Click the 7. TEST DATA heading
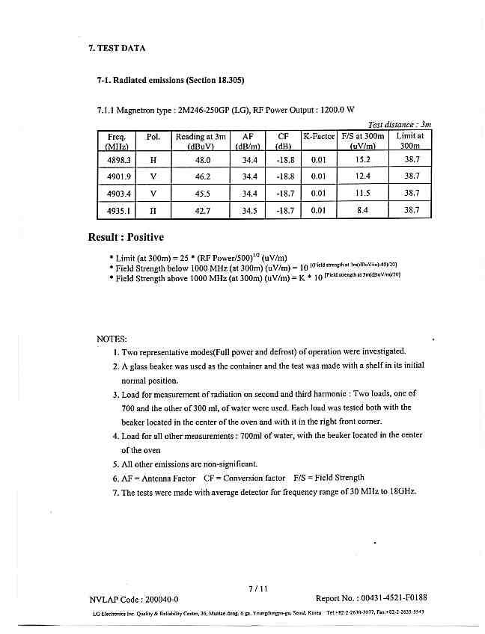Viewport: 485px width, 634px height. (x=117, y=48)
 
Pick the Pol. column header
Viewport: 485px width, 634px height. (x=153, y=137)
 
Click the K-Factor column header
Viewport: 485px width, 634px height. (x=319, y=137)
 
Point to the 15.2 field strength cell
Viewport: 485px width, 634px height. (x=363, y=159)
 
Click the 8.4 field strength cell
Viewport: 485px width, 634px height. (x=363, y=211)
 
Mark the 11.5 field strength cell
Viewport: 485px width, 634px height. (x=363, y=194)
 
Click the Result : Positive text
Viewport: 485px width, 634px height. (x=126, y=237)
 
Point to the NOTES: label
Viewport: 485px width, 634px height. (x=112, y=339)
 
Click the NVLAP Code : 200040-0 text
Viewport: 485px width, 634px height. (x=134, y=599)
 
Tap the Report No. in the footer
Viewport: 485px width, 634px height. (x=371, y=598)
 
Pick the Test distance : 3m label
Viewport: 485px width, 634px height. (x=400, y=124)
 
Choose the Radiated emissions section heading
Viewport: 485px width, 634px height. (x=171, y=80)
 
